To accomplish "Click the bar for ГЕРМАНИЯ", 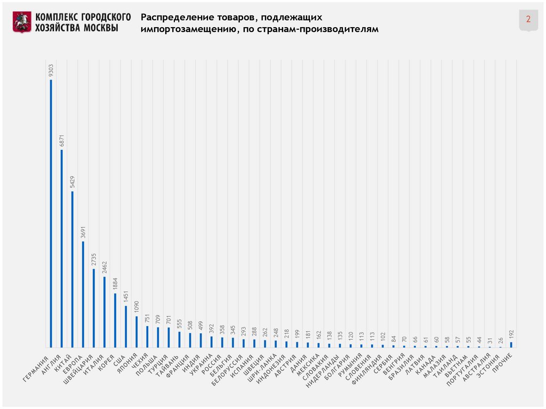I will click(x=51, y=213).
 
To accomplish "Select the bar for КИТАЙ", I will click(x=73, y=269).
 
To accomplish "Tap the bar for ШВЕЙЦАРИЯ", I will click(x=94, y=308).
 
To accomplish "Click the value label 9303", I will click(x=51, y=70).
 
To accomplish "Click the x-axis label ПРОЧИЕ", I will click(x=503, y=362).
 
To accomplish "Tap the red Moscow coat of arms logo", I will click(x=22, y=22).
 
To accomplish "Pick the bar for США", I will click(x=126, y=326).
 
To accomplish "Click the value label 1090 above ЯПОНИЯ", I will click(x=136, y=308).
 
